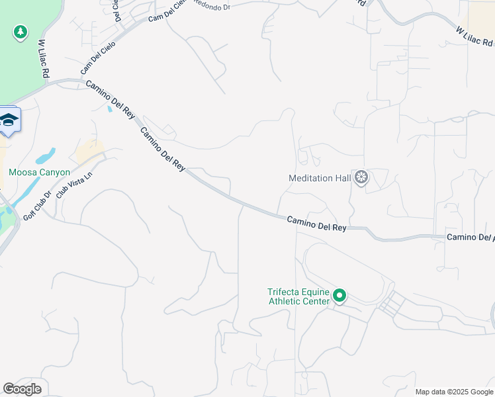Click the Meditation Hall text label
(320, 178)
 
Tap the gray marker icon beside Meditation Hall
(361, 177)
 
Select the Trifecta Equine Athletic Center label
(298, 296)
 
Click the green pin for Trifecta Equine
(339, 295)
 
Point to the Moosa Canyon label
(39, 172)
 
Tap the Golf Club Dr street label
(37, 205)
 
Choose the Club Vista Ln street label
(72, 183)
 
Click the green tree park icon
(21, 32)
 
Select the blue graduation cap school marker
(9, 120)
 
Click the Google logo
(22, 389)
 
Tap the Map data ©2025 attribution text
(453, 392)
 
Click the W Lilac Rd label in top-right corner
(474, 37)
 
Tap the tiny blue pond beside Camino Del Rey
(109, 109)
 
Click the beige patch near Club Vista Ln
(89, 152)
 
